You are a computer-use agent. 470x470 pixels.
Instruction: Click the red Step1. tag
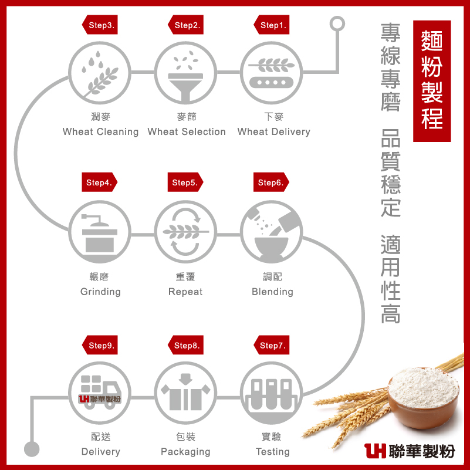click(x=272, y=25)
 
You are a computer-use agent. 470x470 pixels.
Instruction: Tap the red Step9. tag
click(x=101, y=346)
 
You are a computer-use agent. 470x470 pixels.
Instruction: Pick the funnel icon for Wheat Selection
click(x=186, y=72)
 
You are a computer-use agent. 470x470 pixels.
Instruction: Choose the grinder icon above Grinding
click(x=100, y=231)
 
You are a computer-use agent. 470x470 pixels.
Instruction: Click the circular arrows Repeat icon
click(x=186, y=231)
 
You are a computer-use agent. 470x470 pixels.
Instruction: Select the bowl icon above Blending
click(x=272, y=231)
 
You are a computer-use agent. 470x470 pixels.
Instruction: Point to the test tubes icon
click(x=272, y=393)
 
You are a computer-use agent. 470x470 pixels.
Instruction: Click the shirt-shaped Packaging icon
click(x=186, y=393)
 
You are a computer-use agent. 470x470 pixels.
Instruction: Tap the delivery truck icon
click(x=100, y=393)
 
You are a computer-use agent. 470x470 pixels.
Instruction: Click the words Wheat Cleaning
click(x=100, y=131)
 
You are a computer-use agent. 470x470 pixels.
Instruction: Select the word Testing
click(x=272, y=451)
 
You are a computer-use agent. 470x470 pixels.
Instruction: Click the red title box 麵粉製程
click(x=432, y=81)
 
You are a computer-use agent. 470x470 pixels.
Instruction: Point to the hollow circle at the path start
click(x=337, y=24)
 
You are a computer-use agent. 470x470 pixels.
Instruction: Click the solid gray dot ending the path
click(x=32, y=449)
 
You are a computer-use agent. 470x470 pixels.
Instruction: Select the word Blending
click(x=272, y=292)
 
